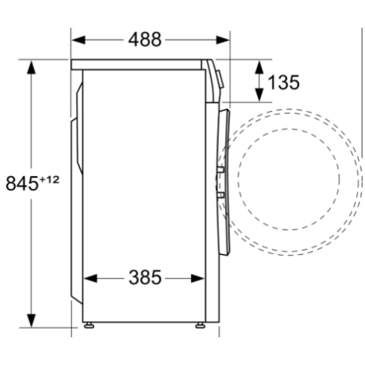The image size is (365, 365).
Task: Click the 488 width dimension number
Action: tap(150, 39)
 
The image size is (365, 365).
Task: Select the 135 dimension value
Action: tap(283, 82)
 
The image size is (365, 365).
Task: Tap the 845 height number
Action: tap(21, 183)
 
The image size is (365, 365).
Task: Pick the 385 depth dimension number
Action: tap(145, 278)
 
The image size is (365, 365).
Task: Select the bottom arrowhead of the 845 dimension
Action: tap(31, 324)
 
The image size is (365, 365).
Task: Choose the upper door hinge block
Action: tap(220, 171)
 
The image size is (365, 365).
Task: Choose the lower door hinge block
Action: tap(220, 195)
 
